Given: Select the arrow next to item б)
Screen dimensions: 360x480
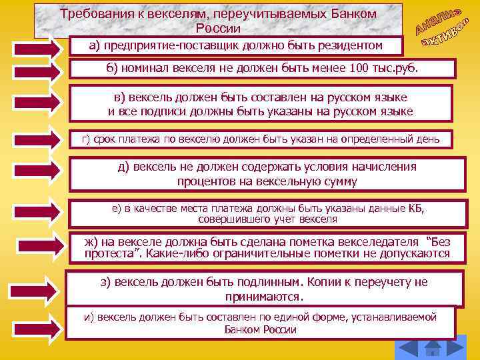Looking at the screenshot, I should (x=37, y=72).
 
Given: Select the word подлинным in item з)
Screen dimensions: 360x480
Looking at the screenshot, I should (x=259, y=282).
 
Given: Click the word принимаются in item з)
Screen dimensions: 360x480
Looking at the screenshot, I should (x=265, y=296).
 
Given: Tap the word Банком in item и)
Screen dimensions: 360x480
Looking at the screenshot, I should (x=244, y=329).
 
